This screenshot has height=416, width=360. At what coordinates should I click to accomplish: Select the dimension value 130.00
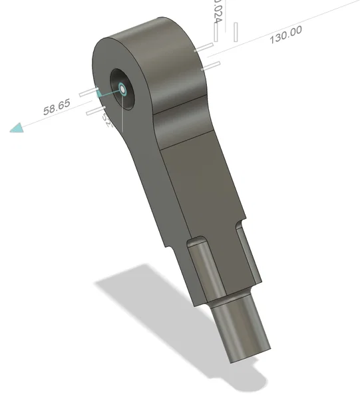[285, 34]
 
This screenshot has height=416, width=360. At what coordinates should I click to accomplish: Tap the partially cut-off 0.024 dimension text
[216, 11]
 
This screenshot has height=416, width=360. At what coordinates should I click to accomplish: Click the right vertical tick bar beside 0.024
[236, 31]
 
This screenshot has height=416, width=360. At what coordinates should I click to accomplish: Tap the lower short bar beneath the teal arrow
[96, 111]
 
